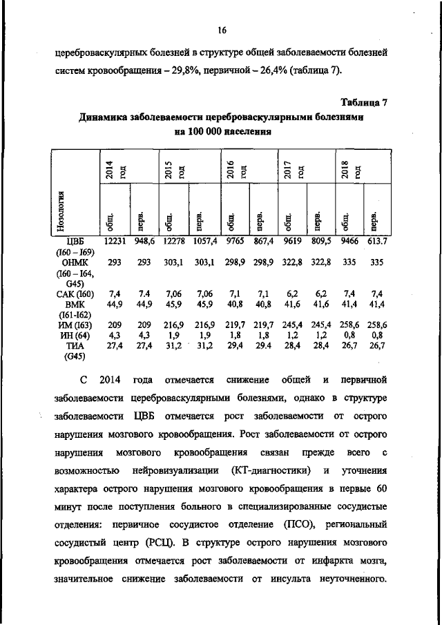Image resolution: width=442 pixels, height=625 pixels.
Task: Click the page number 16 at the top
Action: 221,29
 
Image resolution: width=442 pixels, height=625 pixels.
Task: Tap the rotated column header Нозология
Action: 62,211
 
